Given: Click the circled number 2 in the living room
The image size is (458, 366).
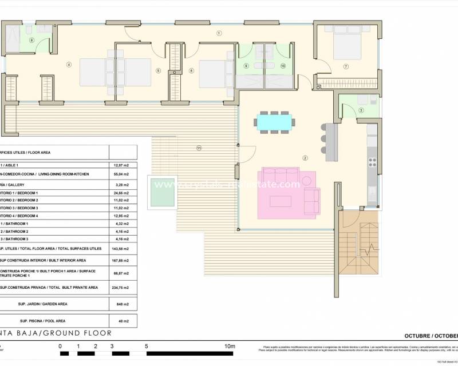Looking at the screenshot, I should [305, 158].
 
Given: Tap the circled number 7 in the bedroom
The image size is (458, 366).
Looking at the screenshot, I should [346, 67].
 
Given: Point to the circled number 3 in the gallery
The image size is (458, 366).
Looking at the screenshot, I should [361, 110].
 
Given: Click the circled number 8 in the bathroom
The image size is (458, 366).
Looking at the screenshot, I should [32, 40].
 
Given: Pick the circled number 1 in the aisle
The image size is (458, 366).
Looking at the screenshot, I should [219, 34].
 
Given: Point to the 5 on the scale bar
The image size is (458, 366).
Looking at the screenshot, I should [147, 346].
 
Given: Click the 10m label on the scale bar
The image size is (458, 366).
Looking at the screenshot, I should [230, 346].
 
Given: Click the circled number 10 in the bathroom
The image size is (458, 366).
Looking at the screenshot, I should [283, 66].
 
